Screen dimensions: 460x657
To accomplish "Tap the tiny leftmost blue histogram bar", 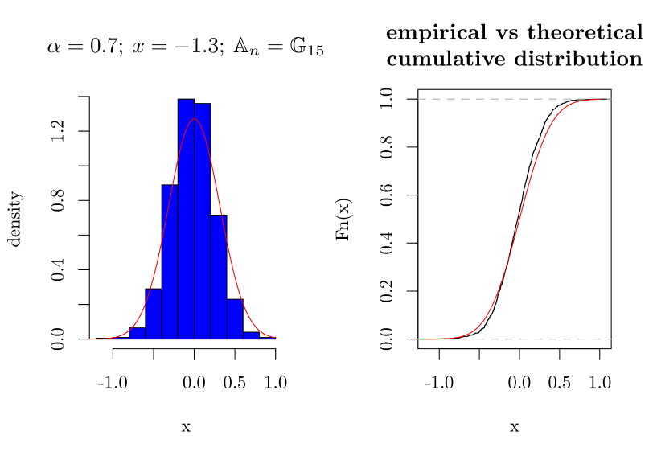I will click(x=138, y=334).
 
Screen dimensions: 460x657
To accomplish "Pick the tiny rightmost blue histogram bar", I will click(x=251, y=335).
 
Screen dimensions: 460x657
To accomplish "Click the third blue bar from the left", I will click(x=170, y=265).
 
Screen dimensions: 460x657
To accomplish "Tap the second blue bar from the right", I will click(x=234, y=320).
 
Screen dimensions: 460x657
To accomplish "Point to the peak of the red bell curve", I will click(x=194, y=119).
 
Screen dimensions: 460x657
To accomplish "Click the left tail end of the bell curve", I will click(x=91, y=339).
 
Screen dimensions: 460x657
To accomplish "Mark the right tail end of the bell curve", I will click(x=274, y=338).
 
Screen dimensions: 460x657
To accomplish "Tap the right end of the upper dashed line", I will click(x=610, y=99).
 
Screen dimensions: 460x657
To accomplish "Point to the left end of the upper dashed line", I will click(x=419, y=99).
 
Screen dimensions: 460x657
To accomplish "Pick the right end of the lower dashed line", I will click(x=610, y=339).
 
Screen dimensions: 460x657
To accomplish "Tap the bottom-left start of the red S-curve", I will click(x=420, y=339).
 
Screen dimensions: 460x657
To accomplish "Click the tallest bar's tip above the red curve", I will click(x=186, y=105).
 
